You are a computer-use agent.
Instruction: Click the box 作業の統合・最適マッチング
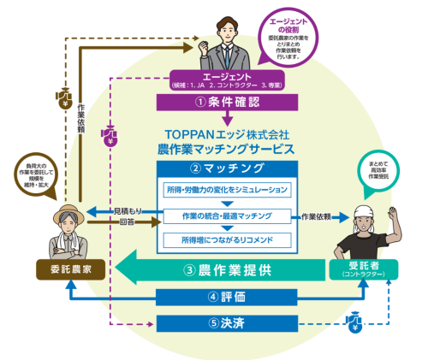pos(226,216)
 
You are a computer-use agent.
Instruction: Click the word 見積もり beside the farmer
pos(123,210)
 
